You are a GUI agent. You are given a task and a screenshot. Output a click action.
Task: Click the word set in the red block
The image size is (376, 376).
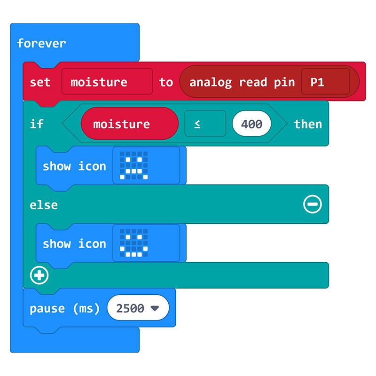pos(40,82)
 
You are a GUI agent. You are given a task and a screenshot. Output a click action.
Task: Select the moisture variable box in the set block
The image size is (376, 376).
pos(107,81)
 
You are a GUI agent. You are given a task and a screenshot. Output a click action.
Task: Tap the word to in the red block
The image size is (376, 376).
pos(166,82)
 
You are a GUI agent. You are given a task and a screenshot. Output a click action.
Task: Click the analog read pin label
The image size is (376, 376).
pos(242,83)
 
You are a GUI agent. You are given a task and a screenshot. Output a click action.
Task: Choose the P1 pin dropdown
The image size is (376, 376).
pos(325,81)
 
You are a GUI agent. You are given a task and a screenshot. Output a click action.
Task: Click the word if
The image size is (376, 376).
pos(37,124)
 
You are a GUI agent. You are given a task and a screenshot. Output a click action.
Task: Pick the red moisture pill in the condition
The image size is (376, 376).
pos(130,124)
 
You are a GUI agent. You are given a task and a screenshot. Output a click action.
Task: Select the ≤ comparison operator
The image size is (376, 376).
pos(205,124)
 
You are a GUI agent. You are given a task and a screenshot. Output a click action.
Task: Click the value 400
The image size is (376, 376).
pos(251,124)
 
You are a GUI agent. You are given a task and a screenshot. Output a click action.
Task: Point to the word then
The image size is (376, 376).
pos(308,124)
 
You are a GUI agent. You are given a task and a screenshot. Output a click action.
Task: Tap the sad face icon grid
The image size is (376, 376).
pos(134,165)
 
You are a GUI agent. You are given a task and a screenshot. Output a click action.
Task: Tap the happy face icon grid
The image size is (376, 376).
pos(134,243)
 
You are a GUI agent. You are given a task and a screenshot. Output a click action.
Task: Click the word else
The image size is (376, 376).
pos(44,205)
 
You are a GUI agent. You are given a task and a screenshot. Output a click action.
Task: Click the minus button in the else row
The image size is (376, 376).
pos(313,204)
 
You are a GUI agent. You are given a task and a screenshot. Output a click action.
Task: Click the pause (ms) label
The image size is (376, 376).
pos(64,308)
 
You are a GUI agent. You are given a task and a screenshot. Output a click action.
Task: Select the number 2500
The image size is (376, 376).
pos(130,308)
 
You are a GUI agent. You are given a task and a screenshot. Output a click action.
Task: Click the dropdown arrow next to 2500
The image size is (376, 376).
pos(155,308)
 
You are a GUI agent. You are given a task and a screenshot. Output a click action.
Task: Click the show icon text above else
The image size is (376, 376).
pos(74,166)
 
